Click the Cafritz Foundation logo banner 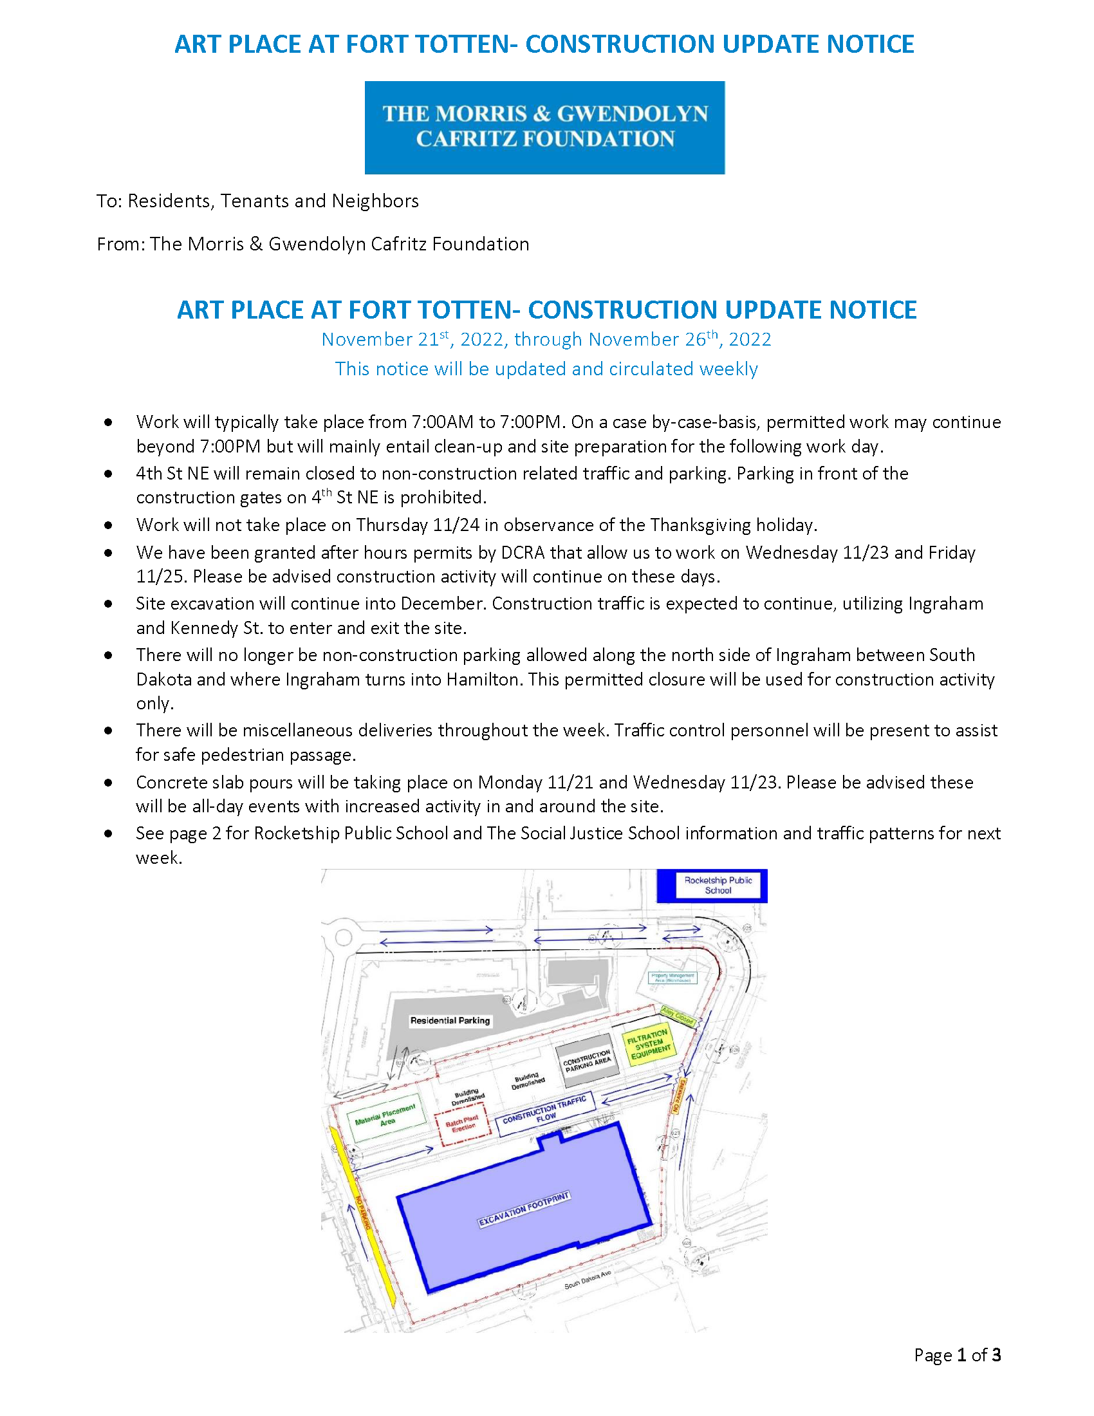pos(544,127)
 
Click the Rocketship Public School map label pos(718,885)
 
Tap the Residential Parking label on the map pos(450,1021)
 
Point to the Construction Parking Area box pos(586,1061)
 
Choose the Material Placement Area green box pos(386,1117)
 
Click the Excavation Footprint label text pos(524,1210)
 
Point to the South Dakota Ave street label pos(587,1280)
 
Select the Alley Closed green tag pos(678,1015)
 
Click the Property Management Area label pos(672,978)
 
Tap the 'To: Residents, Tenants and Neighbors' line pos(257,201)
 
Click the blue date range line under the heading pos(546,340)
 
